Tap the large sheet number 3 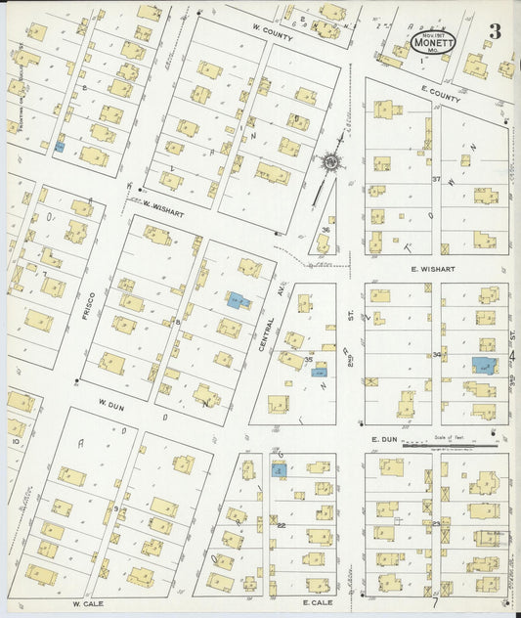point(496,32)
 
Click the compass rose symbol point(331,160)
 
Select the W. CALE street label point(88,604)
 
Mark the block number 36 point(325,231)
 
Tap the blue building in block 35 point(319,371)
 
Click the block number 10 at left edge point(16,441)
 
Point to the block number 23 point(437,524)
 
